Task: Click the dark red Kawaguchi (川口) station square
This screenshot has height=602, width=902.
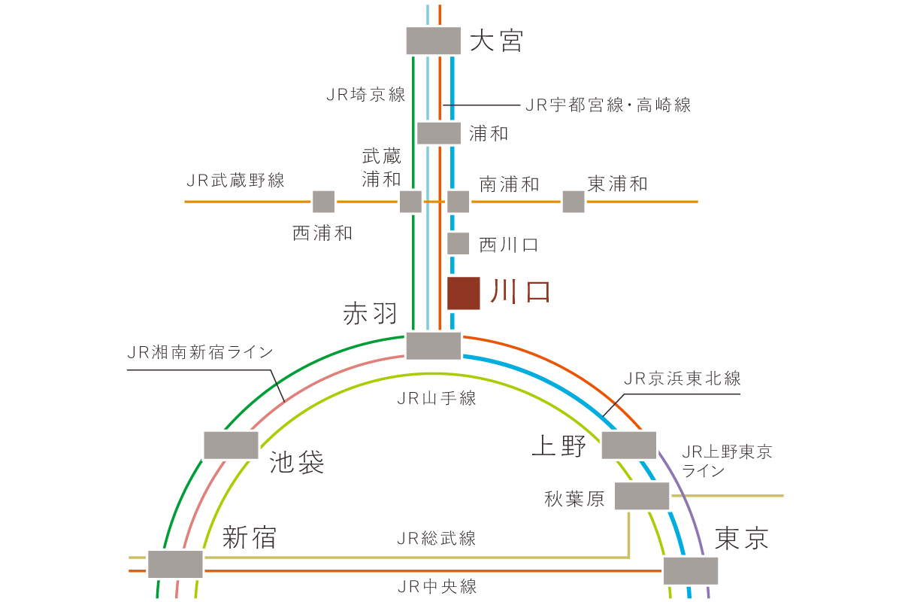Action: click(464, 293)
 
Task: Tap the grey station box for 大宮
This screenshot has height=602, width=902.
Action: click(433, 41)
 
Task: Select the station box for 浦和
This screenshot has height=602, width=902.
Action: click(439, 133)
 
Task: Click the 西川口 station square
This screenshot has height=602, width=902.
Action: click(459, 244)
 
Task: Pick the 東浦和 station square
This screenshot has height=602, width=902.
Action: click(574, 202)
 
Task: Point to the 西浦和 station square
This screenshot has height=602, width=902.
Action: click(324, 202)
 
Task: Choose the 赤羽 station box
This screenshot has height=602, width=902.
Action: click(433, 346)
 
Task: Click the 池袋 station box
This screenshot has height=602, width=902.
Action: click(232, 445)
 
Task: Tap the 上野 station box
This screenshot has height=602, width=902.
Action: click(629, 445)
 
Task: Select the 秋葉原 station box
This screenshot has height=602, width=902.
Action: click(642, 496)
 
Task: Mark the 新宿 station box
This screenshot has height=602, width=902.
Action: click(175, 564)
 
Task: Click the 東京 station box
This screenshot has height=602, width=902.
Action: click(691, 571)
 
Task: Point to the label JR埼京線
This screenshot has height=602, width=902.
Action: click(365, 95)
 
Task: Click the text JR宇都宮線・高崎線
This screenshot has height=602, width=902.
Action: click(608, 105)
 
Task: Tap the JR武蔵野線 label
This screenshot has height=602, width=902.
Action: click(235, 181)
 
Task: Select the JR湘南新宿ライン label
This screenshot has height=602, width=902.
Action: click(200, 352)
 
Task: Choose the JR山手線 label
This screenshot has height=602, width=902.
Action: click(437, 399)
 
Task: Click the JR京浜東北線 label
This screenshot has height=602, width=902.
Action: click(683, 379)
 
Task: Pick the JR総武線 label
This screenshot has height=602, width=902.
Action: click(437, 539)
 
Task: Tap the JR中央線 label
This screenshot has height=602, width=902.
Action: click(437, 587)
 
